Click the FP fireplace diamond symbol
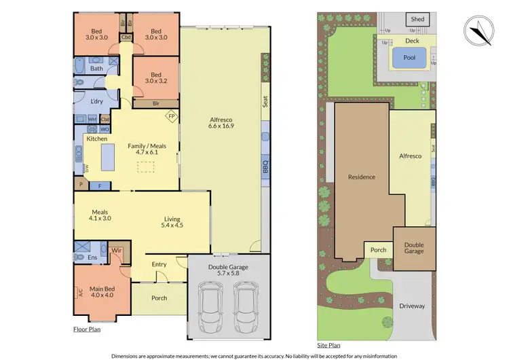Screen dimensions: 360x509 tap(172, 116)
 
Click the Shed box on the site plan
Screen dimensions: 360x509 tap(417, 19)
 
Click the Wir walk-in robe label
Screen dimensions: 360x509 tap(116, 251)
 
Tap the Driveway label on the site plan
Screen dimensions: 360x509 tap(411, 306)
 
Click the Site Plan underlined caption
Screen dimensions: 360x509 tap(329, 345)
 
